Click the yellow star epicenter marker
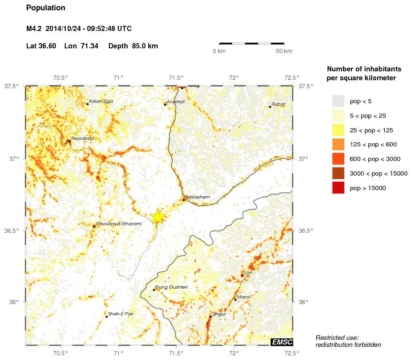(158, 216)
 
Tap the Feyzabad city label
(82, 138)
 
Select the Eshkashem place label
(197, 197)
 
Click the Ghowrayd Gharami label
(118, 224)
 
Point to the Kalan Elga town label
(101, 101)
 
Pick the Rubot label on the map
(278, 104)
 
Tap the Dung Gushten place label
(171, 287)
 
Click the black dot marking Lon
(242, 276)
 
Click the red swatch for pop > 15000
(338, 188)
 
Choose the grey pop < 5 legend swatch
(338, 101)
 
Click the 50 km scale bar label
(284, 51)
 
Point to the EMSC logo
(282, 342)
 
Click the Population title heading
(46, 8)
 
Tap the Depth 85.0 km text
(133, 46)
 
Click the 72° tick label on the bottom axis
(234, 353)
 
